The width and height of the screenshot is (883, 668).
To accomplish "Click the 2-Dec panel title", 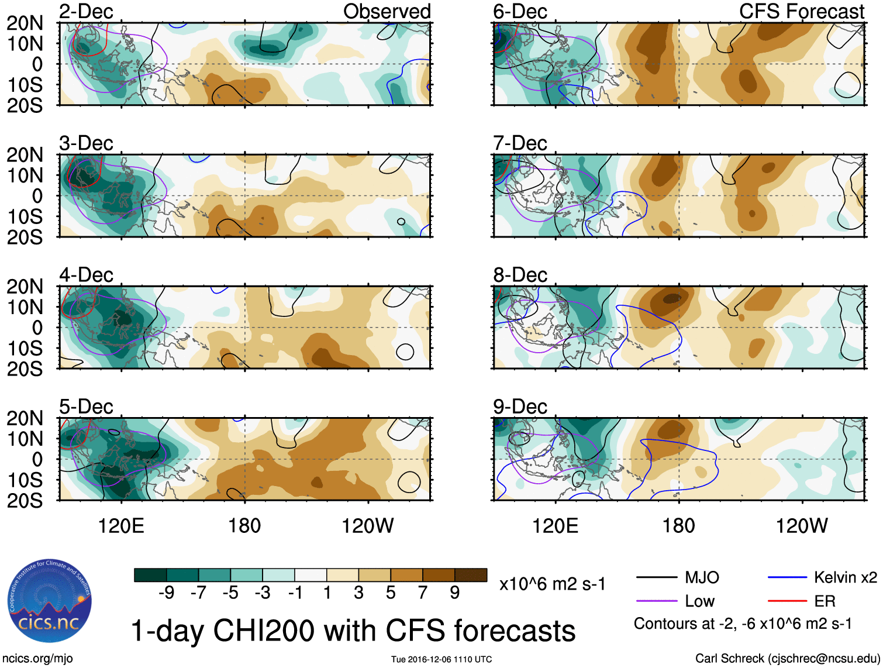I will pyautogui.click(x=86, y=11).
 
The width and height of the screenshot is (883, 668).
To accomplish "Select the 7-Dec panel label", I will pyautogui.click(x=520, y=143).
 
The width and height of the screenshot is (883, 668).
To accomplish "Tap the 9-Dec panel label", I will pyautogui.click(x=520, y=406).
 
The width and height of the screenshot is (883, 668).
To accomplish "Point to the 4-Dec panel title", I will pyautogui.click(x=86, y=274).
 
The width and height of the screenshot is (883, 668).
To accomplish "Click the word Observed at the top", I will pyautogui.click(x=387, y=11).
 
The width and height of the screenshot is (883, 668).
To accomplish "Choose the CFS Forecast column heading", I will pyautogui.click(x=801, y=11).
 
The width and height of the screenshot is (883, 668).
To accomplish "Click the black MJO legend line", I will pyautogui.click(x=656, y=578).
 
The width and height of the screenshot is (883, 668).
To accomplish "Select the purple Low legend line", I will pyautogui.click(x=656, y=601).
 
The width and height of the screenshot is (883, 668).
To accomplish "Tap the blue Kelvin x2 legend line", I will pyautogui.click(x=787, y=578).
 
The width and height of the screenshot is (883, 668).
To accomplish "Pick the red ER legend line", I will pyautogui.click(x=787, y=601).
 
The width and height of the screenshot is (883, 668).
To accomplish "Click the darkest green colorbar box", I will pyautogui.click(x=150, y=575).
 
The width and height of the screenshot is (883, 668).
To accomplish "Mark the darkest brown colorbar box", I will pyautogui.click(x=471, y=575).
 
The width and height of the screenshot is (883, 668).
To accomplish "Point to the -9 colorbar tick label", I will pyautogui.click(x=166, y=593).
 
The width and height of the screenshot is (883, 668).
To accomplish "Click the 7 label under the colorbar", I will pyautogui.click(x=423, y=593).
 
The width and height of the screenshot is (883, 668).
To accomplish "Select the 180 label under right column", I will pyautogui.click(x=678, y=525).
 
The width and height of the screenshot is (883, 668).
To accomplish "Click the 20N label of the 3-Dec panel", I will pyautogui.click(x=25, y=155).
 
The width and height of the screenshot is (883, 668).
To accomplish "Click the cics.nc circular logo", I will pyautogui.click(x=50, y=601).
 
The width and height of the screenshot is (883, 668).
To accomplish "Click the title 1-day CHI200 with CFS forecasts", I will pyautogui.click(x=353, y=631).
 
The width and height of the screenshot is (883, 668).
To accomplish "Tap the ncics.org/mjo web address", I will pyautogui.click(x=37, y=659).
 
